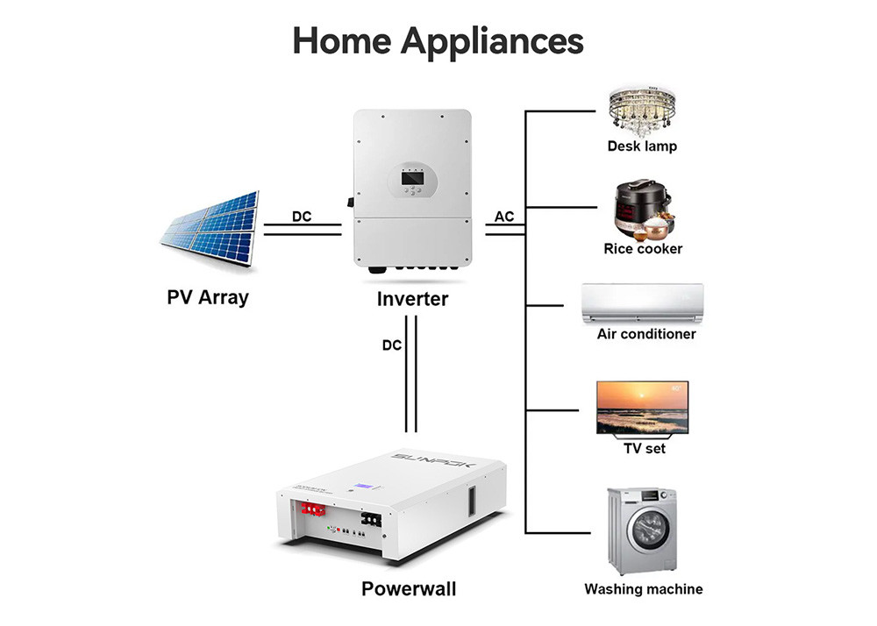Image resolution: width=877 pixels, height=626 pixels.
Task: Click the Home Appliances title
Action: (x=438, y=39)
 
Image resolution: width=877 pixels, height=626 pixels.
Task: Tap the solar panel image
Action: (x=209, y=230)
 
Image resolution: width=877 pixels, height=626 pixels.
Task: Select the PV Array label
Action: (x=208, y=296)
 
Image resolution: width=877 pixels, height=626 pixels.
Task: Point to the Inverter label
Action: (x=412, y=299)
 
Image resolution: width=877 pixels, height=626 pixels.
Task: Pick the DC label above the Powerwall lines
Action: (x=392, y=345)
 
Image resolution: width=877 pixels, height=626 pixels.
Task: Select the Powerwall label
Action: (x=409, y=587)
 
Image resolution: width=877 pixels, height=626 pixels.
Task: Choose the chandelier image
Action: (x=643, y=110)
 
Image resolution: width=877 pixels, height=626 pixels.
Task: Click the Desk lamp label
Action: (x=642, y=146)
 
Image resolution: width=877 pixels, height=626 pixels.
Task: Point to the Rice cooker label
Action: (x=643, y=249)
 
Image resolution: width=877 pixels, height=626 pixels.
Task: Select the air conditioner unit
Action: (x=643, y=302)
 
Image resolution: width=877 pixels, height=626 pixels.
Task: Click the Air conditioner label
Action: (x=646, y=334)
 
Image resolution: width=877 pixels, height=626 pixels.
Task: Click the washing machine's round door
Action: (x=647, y=530)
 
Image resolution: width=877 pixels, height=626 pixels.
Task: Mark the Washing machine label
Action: (x=644, y=589)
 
